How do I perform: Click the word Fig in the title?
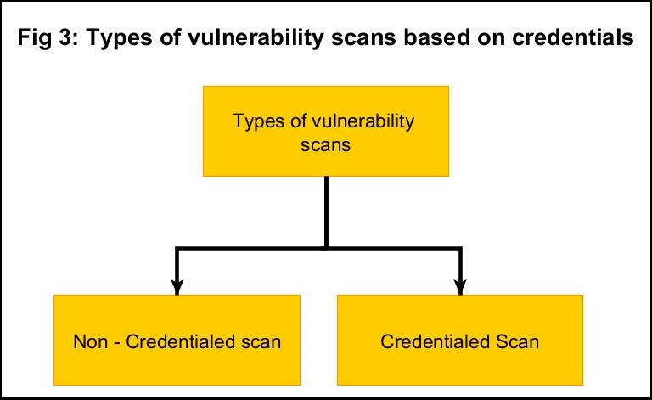(x=33, y=38)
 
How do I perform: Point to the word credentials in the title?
(x=572, y=37)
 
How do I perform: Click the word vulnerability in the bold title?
(x=256, y=38)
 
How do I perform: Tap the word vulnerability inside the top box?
(x=363, y=121)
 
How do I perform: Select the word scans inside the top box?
(x=326, y=145)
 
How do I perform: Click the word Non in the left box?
(x=90, y=341)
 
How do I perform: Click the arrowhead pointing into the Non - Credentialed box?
(x=177, y=286)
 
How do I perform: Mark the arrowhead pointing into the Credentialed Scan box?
(x=460, y=286)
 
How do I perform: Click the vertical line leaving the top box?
(x=326, y=212)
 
